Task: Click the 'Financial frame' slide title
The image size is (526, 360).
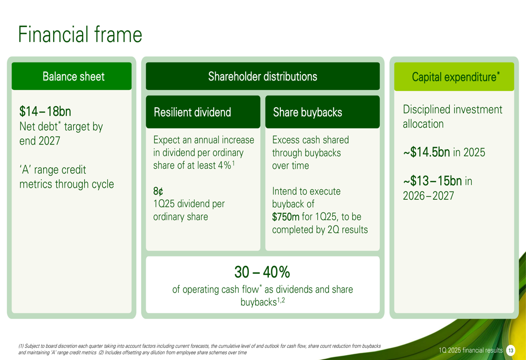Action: coord(80,34)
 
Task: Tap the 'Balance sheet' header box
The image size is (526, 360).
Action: coord(72,76)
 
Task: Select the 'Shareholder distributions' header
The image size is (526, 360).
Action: coord(262,76)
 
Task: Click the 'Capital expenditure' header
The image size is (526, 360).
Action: coord(454,76)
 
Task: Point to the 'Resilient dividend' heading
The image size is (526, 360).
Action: coord(192,112)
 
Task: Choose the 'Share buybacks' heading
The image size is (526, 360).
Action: coord(307,112)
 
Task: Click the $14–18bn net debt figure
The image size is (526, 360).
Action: coord(45,111)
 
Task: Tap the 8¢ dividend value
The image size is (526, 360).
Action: coord(158,191)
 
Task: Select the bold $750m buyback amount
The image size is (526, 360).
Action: coord(286,217)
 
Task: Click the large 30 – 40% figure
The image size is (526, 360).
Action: coord(262,272)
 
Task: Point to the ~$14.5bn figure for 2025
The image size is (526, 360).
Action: coord(427,152)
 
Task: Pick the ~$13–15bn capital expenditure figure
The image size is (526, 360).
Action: coord(432,181)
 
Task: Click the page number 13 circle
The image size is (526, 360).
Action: coord(511,351)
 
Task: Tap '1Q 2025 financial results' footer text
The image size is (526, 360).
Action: coord(471,351)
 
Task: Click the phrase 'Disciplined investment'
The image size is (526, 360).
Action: coord(452,109)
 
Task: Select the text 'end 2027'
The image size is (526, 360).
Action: coord(39,141)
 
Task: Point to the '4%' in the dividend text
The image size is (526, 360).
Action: coord(223,165)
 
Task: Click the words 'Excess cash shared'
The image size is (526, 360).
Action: coord(311,140)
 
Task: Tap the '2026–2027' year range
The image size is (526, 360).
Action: coord(428,196)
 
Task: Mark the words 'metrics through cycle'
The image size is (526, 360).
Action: coord(67,184)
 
